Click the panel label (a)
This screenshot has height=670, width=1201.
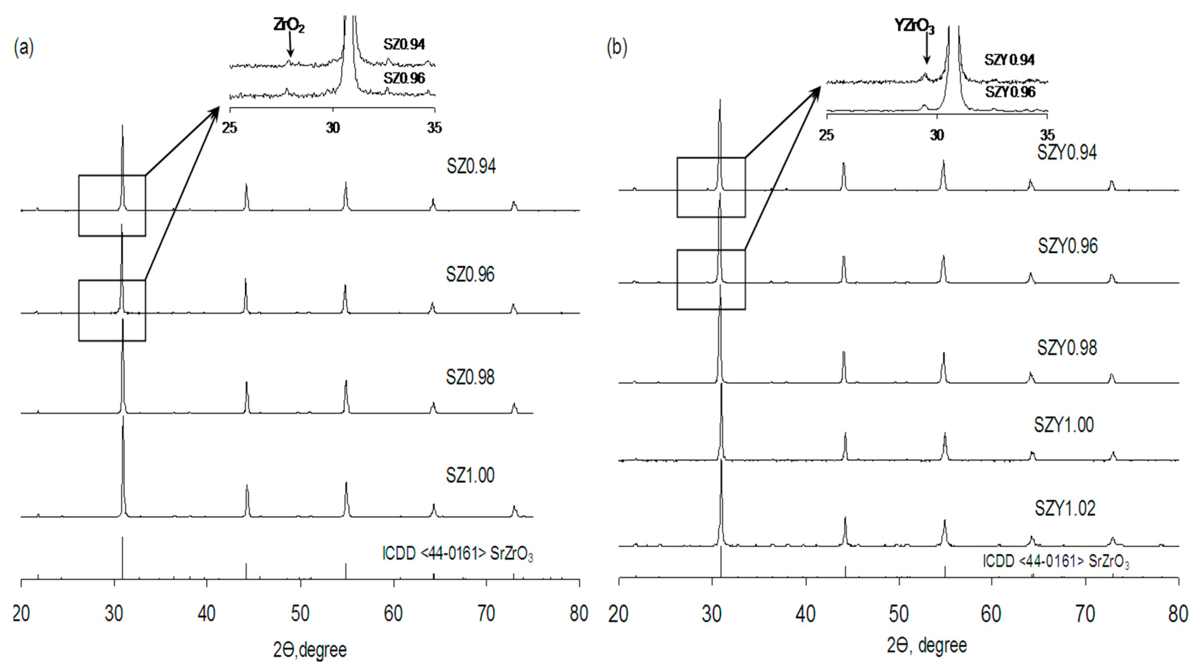[24, 48]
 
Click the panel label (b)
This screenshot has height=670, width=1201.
[617, 48]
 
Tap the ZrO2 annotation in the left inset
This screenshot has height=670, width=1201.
[289, 26]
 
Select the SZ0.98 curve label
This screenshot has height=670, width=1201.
[470, 377]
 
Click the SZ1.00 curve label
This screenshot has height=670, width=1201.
[470, 475]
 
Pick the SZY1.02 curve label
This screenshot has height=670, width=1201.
[1065, 508]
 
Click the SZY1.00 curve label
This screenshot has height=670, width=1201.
[1064, 425]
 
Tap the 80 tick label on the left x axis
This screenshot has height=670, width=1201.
[579, 614]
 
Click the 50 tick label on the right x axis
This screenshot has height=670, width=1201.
[898, 614]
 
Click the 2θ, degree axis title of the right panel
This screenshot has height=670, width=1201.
[927, 645]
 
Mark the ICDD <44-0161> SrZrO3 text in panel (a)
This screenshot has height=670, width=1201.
[457, 554]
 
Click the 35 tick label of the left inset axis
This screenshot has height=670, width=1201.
[434, 128]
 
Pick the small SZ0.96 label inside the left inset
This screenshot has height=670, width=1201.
[404, 78]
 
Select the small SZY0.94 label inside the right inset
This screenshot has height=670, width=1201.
[1009, 60]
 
